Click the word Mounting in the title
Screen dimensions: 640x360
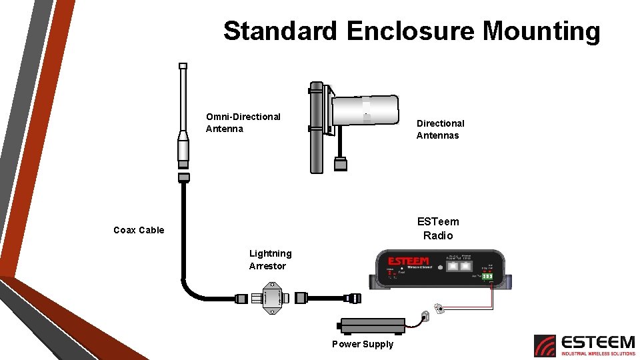point(541,32)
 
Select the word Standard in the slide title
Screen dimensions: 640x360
point(281,31)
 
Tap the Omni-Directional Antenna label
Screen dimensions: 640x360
point(243,123)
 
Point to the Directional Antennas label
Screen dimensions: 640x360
point(440,129)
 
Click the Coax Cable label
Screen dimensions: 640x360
point(139,230)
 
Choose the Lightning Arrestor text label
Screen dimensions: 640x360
point(270,259)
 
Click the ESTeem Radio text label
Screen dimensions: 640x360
point(438,228)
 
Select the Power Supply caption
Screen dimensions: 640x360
point(363,344)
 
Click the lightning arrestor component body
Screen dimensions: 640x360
point(273,297)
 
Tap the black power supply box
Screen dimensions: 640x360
point(372,326)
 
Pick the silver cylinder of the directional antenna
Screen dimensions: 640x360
point(365,110)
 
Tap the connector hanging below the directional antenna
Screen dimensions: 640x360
point(341,164)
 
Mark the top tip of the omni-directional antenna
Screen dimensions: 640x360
point(183,67)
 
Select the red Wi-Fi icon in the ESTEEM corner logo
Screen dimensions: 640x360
point(545,345)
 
